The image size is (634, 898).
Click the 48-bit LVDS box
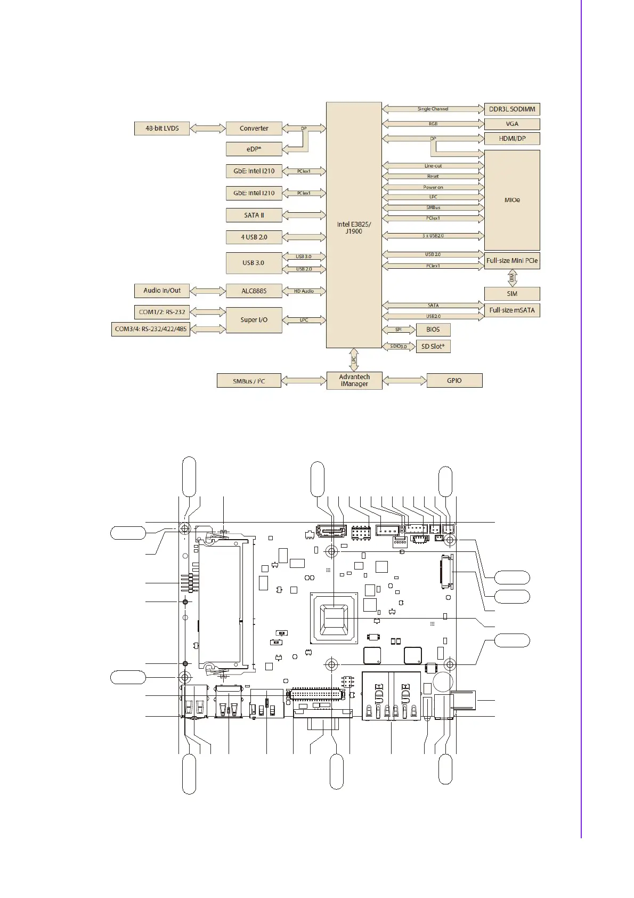[x=162, y=129]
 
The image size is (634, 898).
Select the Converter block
[x=254, y=129]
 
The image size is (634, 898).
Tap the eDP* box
[x=254, y=149]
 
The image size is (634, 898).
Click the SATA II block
[x=254, y=215]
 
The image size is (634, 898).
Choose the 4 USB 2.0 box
[x=254, y=237]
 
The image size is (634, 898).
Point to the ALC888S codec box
[x=254, y=291]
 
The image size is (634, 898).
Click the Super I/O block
[x=254, y=320]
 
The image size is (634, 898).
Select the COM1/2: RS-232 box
[x=162, y=312]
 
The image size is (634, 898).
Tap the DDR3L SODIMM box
[x=512, y=109]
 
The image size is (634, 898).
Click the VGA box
[x=512, y=124]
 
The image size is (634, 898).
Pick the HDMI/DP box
[x=512, y=139]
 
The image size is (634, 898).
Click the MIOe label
[x=512, y=200]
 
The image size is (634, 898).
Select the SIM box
[x=512, y=294]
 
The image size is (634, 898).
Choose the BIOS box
[x=433, y=330]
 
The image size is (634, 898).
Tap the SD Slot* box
[x=433, y=347]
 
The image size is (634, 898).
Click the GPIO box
[x=454, y=381]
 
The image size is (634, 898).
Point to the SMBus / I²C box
[x=249, y=381]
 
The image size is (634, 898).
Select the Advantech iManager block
[x=354, y=381]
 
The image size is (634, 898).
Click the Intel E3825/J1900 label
[x=354, y=228]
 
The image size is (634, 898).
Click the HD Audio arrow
[x=304, y=291]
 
